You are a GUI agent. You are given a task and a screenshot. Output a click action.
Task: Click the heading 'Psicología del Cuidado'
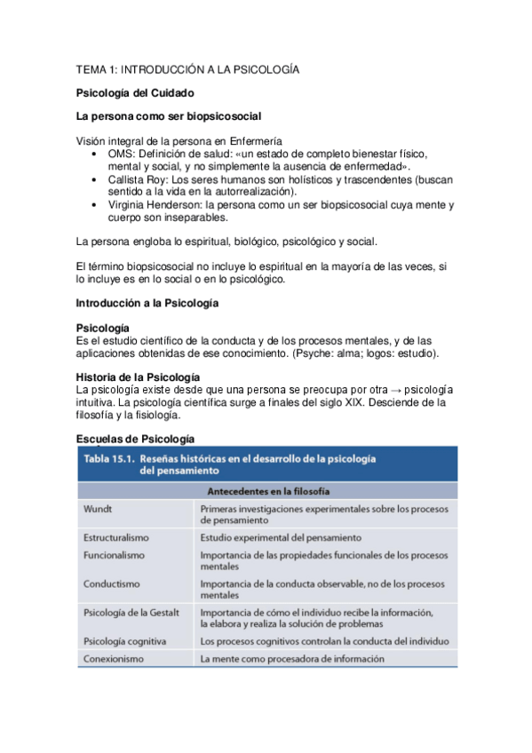click(135, 92)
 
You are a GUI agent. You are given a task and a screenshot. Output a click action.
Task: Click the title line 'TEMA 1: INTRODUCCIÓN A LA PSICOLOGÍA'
click(187, 69)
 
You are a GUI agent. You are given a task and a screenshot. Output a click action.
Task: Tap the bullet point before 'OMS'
click(96, 154)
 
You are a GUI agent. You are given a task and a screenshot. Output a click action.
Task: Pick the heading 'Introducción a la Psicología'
click(147, 304)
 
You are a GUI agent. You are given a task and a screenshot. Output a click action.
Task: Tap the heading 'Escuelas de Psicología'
click(135, 439)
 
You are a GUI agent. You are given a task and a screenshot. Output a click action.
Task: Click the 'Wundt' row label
click(99, 511)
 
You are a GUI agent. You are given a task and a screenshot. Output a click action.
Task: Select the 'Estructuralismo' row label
click(116, 538)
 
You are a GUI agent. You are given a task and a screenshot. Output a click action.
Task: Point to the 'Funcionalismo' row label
click(115, 553)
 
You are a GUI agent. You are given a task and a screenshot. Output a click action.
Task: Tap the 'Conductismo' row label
click(111, 584)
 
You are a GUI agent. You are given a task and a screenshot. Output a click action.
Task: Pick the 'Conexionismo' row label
click(114, 659)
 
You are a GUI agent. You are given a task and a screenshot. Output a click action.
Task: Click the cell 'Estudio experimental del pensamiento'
click(281, 538)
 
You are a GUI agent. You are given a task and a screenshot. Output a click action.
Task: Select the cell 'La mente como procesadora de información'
click(292, 659)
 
